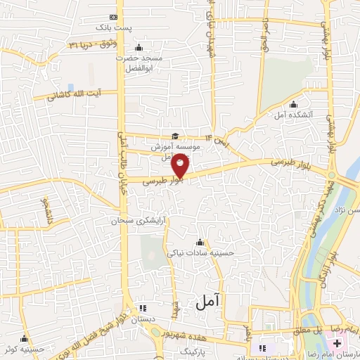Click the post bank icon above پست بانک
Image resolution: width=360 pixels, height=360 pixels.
(115, 17)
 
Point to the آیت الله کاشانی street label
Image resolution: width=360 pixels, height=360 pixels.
(73, 96)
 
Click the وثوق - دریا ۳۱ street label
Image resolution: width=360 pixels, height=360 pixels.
(91, 44)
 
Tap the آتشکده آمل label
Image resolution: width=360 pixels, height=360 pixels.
(309, 112)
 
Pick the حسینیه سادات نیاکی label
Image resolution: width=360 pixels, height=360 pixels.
(199, 252)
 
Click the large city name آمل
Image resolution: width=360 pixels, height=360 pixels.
(209, 301)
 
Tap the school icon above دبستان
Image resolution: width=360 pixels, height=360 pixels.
(143, 308)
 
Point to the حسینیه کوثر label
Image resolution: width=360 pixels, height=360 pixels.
(25, 348)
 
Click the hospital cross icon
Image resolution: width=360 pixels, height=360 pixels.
(338, 343)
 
